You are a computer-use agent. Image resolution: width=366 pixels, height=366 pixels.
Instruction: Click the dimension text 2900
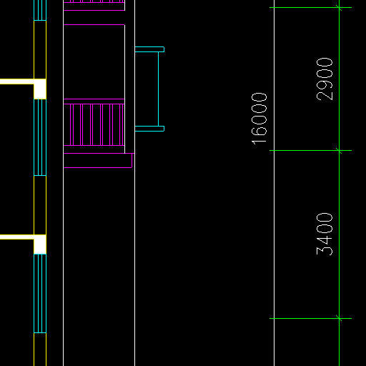(325, 79)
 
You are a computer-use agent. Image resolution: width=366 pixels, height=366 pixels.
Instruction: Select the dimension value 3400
(325, 234)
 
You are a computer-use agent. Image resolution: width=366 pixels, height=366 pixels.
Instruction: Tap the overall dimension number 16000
(259, 119)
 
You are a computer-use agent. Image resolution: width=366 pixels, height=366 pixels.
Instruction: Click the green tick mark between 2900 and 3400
(339, 151)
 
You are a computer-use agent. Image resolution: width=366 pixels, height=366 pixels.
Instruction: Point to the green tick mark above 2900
(339, 8)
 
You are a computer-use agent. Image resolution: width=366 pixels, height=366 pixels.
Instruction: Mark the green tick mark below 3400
(339, 318)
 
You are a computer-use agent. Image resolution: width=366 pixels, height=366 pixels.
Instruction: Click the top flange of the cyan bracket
(149, 49)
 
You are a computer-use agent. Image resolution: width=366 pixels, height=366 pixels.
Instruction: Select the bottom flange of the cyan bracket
(149, 129)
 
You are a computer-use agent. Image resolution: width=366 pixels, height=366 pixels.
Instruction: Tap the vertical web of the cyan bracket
(158, 89)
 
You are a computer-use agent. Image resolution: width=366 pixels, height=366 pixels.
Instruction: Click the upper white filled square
(40, 89)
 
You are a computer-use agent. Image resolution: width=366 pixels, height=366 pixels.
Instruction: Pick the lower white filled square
(40, 244)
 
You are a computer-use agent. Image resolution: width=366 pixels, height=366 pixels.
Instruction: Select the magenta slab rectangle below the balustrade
(98, 161)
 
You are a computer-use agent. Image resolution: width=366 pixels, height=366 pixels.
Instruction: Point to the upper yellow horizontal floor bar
(17, 81)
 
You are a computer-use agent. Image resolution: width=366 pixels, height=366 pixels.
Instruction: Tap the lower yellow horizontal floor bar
(17, 237)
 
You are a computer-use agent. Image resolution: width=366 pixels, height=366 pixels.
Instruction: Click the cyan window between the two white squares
(40, 137)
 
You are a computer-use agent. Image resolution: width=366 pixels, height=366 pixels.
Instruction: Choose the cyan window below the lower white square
(40, 293)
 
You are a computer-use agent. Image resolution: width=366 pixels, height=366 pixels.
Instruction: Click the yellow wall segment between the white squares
(40, 205)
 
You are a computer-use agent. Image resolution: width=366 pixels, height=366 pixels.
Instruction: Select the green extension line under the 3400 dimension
(310, 318)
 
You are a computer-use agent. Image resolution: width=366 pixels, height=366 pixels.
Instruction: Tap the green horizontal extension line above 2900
(310, 8)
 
